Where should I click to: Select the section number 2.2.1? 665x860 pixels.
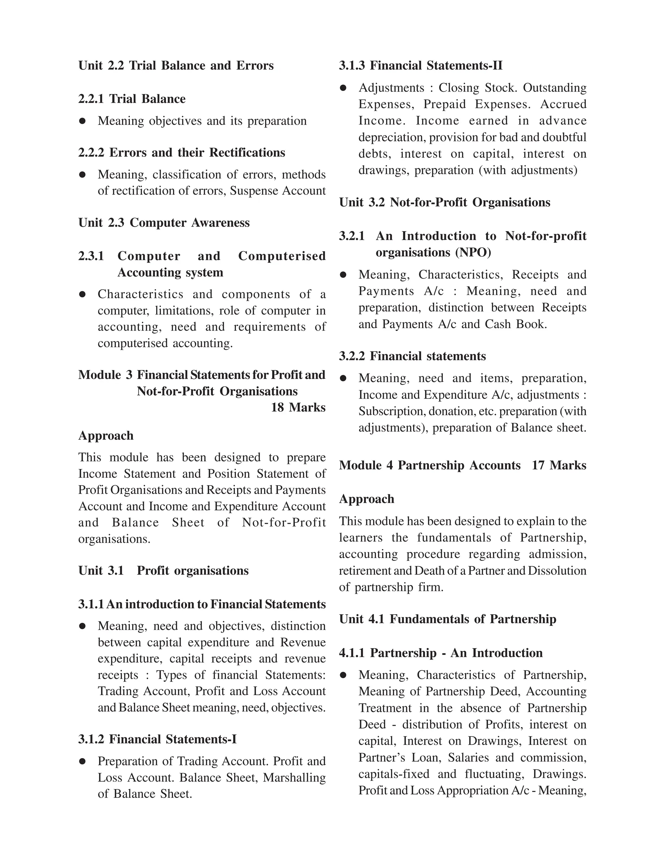(91, 99)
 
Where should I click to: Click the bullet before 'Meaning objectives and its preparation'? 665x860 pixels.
(82, 121)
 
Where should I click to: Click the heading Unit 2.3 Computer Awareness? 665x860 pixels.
(164, 223)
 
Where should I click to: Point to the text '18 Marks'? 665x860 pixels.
(298, 408)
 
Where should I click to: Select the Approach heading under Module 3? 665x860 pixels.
(106, 436)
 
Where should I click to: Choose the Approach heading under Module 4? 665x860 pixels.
(366, 499)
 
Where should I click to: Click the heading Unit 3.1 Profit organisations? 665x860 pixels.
(164, 571)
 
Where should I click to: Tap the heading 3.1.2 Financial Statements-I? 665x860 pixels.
(157, 740)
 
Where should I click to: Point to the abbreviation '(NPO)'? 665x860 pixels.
(473, 252)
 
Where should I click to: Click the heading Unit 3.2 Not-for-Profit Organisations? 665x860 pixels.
(445, 203)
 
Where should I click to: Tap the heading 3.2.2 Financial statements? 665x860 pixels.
(412, 356)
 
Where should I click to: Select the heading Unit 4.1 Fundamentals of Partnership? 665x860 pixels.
(447, 620)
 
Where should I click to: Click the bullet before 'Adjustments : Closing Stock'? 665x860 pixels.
(343, 88)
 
